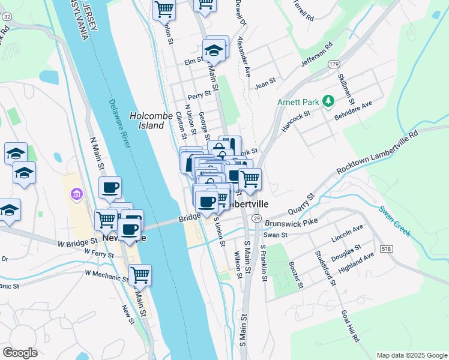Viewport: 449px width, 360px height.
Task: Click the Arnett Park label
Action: (x=297, y=102)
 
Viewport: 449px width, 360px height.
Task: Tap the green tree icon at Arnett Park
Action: (x=328, y=101)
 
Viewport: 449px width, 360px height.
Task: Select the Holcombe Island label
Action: (x=147, y=121)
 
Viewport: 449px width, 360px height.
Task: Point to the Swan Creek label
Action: (x=394, y=221)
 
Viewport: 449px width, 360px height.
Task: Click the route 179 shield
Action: (x=334, y=64)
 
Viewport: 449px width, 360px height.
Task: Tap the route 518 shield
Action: (x=384, y=247)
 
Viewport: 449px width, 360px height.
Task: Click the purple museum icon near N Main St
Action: (x=76, y=194)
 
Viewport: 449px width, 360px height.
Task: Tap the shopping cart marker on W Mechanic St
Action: (x=140, y=275)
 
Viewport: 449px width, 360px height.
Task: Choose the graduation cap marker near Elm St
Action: (x=213, y=51)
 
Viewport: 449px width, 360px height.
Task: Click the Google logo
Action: (x=20, y=352)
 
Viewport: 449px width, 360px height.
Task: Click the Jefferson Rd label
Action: (x=317, y=54)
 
